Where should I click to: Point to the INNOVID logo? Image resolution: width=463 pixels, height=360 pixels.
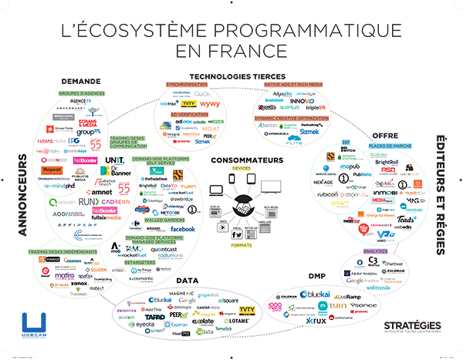click(302, 100)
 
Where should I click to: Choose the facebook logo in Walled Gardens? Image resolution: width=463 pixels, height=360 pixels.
click(182, 229)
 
